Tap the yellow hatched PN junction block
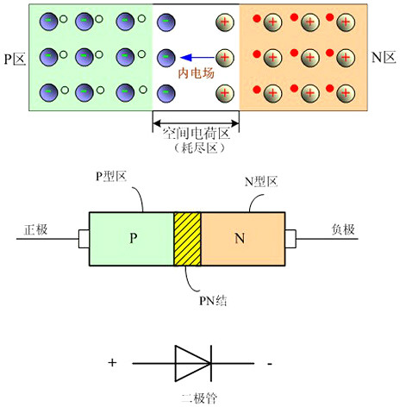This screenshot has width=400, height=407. pyautogui.click(x=187, y=239)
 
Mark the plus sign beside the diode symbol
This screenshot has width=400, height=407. pyautogui.click(x=111, y=363)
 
